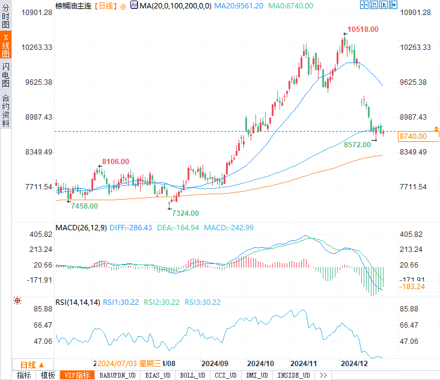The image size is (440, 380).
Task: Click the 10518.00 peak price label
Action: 365,29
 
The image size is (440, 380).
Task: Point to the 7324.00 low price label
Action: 185,213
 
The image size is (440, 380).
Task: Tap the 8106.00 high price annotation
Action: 115,161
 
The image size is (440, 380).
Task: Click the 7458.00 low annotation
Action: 84,206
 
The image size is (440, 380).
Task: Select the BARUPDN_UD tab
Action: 117,375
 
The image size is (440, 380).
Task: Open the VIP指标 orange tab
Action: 77,375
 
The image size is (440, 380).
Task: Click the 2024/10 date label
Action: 261,364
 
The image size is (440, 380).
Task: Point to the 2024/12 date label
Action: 354,364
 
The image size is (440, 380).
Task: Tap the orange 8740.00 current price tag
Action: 413,136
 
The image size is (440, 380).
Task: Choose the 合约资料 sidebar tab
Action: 5,111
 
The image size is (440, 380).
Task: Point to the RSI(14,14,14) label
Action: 77,302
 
